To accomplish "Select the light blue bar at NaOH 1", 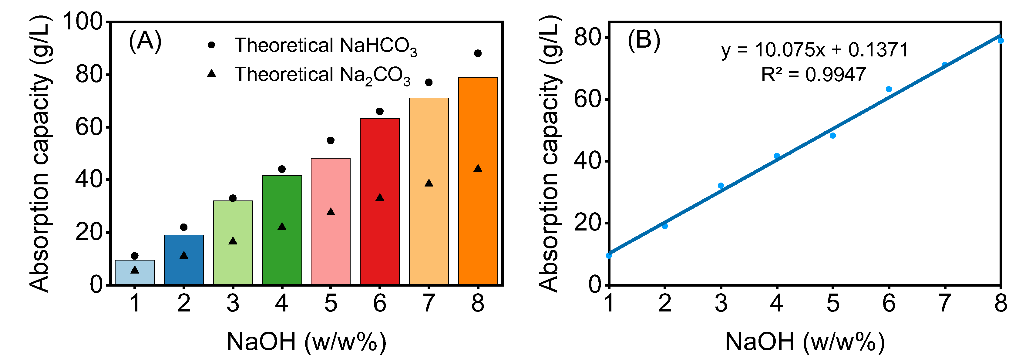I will point(134,277).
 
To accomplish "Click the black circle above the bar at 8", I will point(477,53).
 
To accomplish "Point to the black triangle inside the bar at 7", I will point(429,183).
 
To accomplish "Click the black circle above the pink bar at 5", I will point(331,140).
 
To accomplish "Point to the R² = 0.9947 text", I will point(813,74).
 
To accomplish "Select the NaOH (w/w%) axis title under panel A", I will point(306,342).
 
